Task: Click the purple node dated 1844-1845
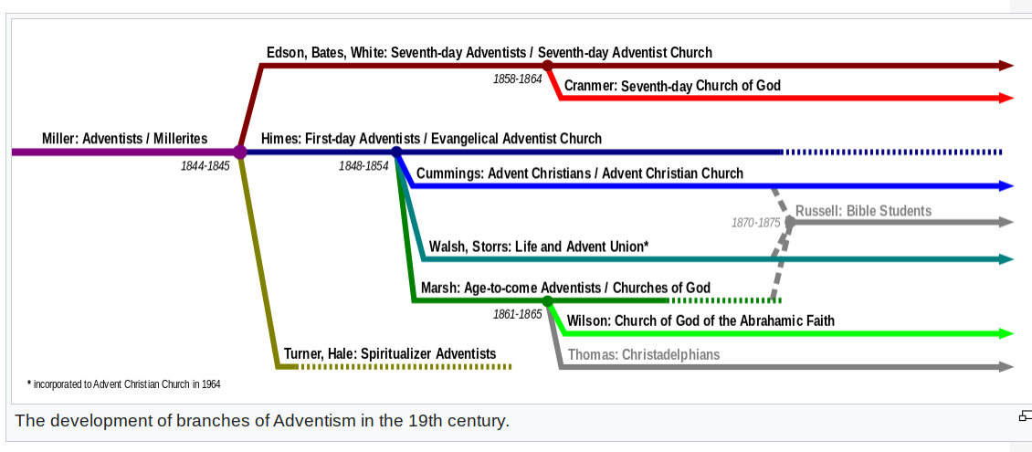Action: tap(239, 152)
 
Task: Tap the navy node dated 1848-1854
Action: tap(396, 152)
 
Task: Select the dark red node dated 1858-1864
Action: tap(547, 65)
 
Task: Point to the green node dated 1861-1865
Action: tap(548, 300)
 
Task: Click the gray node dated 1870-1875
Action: tap(790, 223)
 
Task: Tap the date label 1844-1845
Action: tap(205, 166)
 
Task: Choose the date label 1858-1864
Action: tap(517, 79)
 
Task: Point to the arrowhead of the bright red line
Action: tap(1006, 98)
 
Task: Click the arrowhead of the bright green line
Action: tap(1006, 333)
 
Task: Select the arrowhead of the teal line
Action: tap(1006, 259)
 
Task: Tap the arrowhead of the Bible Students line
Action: tap(1006, 223)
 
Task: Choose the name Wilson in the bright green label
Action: tap(586, 321)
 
